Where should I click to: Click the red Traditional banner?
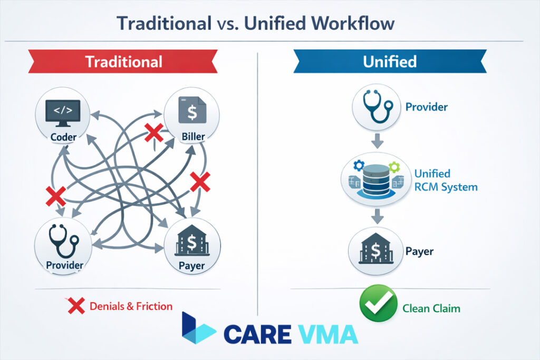click(124, 61)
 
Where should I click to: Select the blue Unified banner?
click(390, 61)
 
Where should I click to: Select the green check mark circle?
click(378, 303)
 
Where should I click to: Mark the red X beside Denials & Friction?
click(76, 306)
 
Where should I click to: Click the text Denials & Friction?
click(131, 306)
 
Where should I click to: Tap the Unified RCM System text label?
click(446, 180)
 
